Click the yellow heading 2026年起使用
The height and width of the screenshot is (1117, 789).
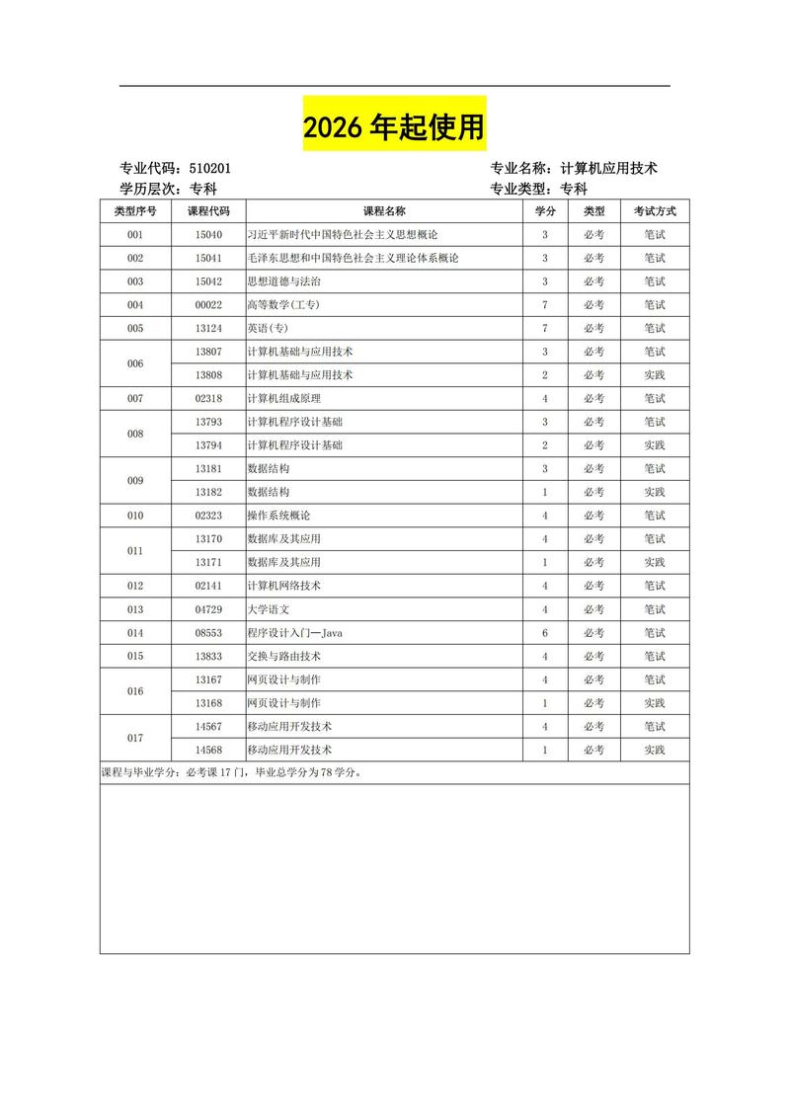point(394,127)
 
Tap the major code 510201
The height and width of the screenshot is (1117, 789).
point(209,169)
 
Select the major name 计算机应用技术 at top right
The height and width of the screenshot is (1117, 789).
point(608,169)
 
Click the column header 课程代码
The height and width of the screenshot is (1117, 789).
point(208,211)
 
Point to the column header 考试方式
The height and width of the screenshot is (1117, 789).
point(655,211)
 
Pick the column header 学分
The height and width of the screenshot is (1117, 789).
point(545,211)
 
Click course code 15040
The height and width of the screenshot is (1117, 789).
point(208,235)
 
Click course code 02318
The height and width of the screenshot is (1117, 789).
point(208,399)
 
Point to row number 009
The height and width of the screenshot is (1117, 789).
point(135,481)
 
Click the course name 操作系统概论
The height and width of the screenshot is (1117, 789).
point(278,516)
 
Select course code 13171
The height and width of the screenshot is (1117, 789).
point(208,562)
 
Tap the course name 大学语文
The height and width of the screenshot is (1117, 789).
point(268,609)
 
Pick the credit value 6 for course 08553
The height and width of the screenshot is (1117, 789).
point(545,633)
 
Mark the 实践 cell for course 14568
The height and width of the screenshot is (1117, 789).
point(655,750)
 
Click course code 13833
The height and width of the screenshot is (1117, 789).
point(208,656)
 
